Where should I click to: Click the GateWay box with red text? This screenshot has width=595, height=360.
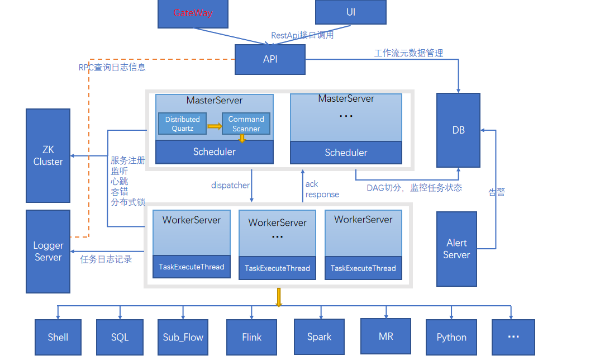click(193, 13)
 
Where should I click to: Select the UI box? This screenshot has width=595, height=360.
click(350, 12)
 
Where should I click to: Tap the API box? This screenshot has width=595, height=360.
click(270, 59)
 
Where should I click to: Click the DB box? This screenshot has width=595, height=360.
click(458, 130)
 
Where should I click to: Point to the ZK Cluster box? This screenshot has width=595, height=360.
click(48, 155)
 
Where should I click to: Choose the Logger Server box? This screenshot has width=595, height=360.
click(48, 251)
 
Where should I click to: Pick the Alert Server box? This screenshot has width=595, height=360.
click(456, 249)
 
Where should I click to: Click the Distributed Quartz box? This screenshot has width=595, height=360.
click(182, 124)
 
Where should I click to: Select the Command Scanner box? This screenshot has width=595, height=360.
click(246, 124)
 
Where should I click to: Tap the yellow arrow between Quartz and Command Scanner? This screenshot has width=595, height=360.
click(215, 126)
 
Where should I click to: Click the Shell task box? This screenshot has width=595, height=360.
click(58, 337)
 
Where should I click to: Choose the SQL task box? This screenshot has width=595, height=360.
click(120, 337)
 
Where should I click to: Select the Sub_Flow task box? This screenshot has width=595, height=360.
click(183, 337)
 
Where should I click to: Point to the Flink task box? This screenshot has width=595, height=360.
click(251, 337)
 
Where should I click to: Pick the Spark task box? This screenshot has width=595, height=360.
click(319, 337)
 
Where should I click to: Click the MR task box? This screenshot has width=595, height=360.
click(385, 336)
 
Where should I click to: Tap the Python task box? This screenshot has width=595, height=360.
click(451, 337)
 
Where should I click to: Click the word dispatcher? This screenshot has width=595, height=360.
click(230, 185)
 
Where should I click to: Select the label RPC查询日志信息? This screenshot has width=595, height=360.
click(112, 67)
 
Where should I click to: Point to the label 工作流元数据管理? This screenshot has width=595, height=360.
click(408, 53)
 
